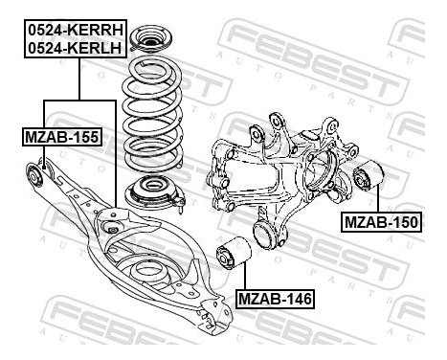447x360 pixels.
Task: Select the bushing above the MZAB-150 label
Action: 369,178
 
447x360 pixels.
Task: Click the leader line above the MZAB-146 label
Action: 241,280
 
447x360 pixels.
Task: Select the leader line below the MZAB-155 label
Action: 49,156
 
